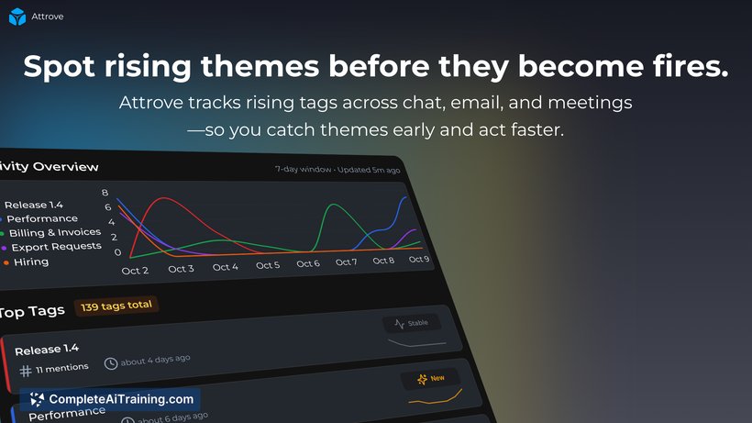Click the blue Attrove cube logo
point(17,17)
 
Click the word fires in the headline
point(691,66)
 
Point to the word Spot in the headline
point(59,67)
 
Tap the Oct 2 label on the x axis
point(135,271)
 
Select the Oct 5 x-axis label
point(268,265)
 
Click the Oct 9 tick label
point(419,259)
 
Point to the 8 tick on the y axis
point(105,193)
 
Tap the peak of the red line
point(164,197)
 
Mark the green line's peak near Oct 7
point(333,205)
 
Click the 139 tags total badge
point(116,306)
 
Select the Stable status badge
point(412,323)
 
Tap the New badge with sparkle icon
point(431,379)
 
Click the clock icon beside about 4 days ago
point(111,364)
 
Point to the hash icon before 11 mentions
point(26,371)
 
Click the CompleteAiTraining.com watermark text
point(121,399)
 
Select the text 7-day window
point(304,170)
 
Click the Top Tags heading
point(32,312)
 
